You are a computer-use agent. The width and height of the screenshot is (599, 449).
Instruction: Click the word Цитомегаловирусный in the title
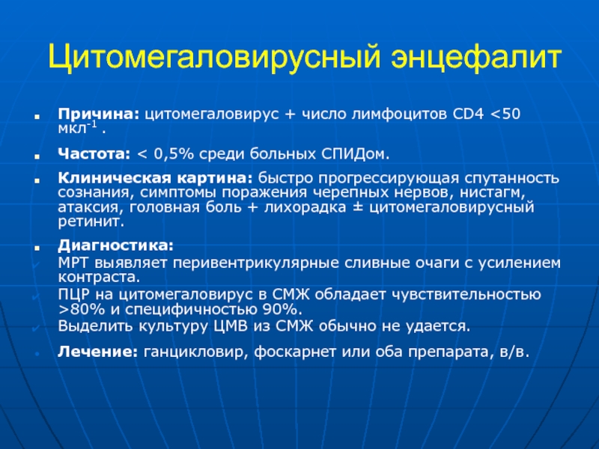(215, 58)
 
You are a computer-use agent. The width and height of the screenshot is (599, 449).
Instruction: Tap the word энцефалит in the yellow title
(476, 58)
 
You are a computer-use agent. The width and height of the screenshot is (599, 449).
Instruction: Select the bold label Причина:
(99, 114)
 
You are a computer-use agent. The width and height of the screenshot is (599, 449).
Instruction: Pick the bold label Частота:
(94, 154)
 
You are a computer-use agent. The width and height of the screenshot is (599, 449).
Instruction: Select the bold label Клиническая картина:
(155, 178)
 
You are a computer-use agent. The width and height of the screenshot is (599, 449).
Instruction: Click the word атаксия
(91, 207)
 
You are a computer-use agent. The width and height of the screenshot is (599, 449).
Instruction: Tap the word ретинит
(91, 222)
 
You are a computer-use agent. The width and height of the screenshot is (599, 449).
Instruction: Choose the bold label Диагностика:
(116, 245)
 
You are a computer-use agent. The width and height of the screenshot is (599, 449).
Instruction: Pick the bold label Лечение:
(97, 352)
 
